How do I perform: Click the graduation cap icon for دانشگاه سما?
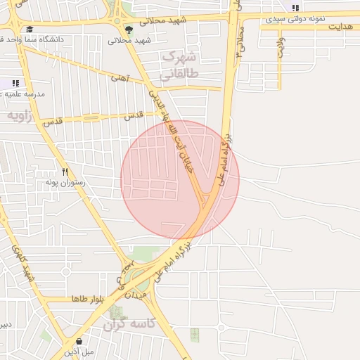(x=30, y=30)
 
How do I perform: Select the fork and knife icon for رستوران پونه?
(x=65, y=171)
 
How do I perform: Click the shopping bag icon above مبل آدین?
(x=79, y=341)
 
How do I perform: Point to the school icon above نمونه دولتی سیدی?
(x=295, y=8)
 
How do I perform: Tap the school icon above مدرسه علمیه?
(x=15, y=83)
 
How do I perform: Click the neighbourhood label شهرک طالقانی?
(x=181, y=64)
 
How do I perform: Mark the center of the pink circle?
(x=180, y=179)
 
